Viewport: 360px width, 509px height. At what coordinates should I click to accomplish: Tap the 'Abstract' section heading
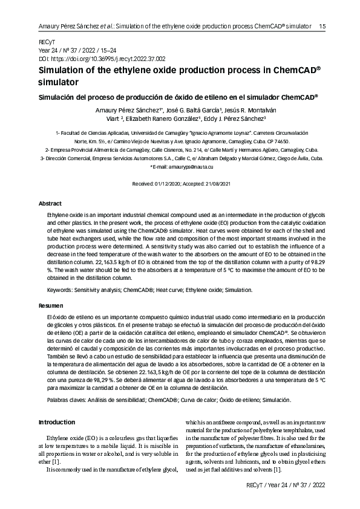click(50, 204)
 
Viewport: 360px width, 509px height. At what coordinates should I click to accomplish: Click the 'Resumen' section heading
click(50, 306)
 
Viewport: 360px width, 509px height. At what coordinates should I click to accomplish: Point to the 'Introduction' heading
click(56, 421)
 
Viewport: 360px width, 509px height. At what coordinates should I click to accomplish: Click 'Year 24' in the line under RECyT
click(49, 51)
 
